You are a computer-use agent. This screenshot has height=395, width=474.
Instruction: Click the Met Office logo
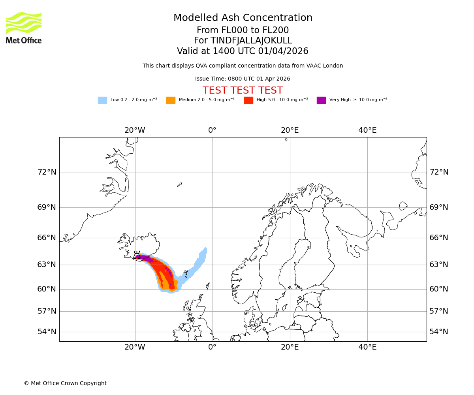24,28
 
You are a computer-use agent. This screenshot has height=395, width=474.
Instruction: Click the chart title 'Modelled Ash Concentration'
243,18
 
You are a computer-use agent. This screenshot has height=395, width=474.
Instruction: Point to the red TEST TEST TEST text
243,90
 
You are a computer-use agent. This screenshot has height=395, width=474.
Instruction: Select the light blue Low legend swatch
102,100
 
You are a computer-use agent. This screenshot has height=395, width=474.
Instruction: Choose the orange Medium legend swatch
171,100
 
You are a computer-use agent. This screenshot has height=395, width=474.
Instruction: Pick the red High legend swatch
248,100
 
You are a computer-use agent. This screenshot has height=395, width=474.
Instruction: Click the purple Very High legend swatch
321,100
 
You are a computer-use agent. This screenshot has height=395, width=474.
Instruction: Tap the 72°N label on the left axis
47,172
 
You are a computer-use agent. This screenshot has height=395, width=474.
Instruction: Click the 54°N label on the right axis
439,332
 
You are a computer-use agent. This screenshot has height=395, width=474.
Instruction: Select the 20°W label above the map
135,130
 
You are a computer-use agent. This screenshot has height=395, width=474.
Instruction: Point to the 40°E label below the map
367,347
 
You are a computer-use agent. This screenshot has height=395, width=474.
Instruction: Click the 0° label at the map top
212,130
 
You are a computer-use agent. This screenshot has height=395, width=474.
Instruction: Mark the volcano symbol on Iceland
137,255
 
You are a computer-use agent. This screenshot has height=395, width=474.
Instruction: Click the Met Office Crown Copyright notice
65,383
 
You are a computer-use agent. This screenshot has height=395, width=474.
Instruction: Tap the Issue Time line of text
243,79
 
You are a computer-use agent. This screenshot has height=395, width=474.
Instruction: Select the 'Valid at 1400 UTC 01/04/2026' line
243,51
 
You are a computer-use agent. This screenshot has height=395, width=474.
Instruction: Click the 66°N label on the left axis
47,238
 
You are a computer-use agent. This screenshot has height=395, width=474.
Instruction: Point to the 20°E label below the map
290,347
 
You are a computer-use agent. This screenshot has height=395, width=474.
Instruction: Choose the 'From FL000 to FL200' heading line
243,30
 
